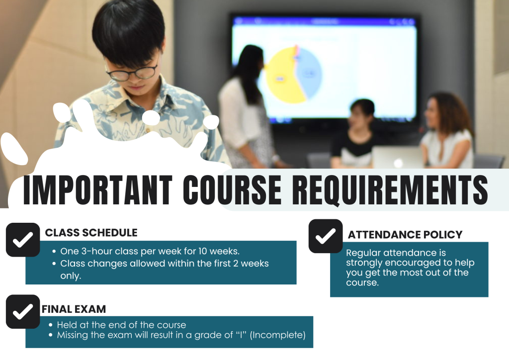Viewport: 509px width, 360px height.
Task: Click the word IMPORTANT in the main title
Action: click(97, 190)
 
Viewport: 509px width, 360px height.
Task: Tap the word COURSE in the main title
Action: click(232, 190)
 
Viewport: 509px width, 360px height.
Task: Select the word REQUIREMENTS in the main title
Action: click(390, 190)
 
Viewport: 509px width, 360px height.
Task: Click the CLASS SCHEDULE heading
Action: click(91, 233)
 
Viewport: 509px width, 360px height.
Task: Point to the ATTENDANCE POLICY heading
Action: click(405, 235)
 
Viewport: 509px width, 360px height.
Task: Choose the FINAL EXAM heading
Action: click(74, 309)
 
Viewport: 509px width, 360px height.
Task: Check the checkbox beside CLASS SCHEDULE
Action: click(23, 240)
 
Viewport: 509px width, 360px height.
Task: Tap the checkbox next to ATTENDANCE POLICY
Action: click(326, 236)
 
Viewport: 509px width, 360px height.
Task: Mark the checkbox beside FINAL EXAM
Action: click(23, 312)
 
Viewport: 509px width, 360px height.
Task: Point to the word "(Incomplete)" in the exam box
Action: click(277, 335)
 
